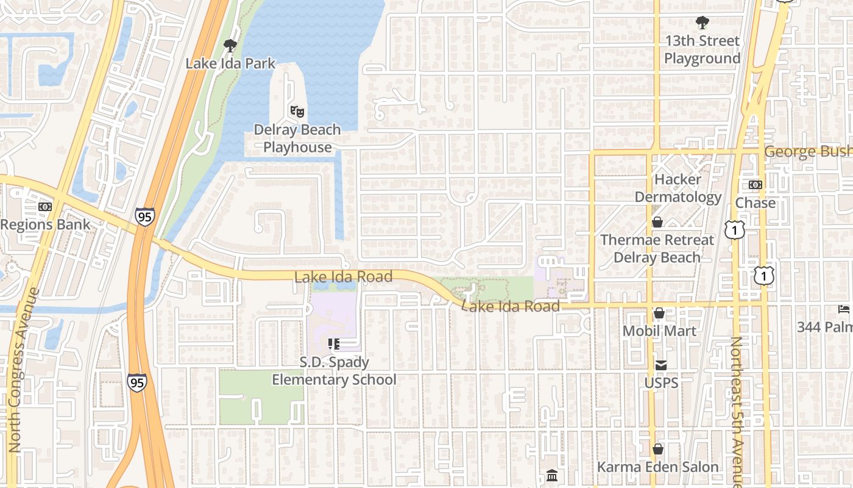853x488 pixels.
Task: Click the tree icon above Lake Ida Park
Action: pos(230,45)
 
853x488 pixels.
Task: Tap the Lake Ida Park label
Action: pos(230,63)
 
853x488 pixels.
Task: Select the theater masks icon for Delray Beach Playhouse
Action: pos(297,111)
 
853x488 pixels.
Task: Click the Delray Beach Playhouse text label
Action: pos(297,138)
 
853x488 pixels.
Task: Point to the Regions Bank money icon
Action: pos(44,207)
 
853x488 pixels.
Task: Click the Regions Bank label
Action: pos(46,224)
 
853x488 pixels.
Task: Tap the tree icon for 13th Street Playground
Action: pos(702,23)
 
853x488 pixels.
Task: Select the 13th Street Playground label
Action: pos(702,49)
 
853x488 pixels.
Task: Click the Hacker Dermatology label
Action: pos(678,188)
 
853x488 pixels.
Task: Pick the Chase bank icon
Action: pos(755,185)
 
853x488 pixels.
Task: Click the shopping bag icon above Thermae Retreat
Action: pos(657,222)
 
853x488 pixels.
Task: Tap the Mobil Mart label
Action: pos(659,331)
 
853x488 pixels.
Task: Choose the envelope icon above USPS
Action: pos(661,365)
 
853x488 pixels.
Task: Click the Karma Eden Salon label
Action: pos(658,467)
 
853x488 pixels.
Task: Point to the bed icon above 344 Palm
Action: pos(843,309)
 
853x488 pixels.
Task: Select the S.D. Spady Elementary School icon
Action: pos(333,344)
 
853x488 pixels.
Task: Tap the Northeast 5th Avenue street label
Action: pos(736,412)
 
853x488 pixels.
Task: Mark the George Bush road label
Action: pos(808,151)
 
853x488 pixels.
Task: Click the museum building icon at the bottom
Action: pos(552,475)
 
